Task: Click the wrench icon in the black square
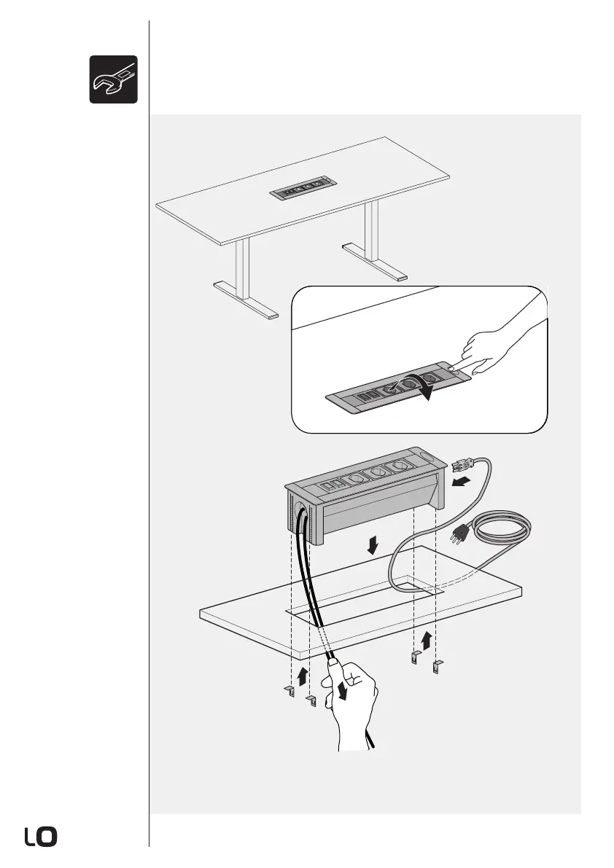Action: pos(114,79)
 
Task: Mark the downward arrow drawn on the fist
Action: pos(341,690)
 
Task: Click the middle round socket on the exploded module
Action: pos(377,473)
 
